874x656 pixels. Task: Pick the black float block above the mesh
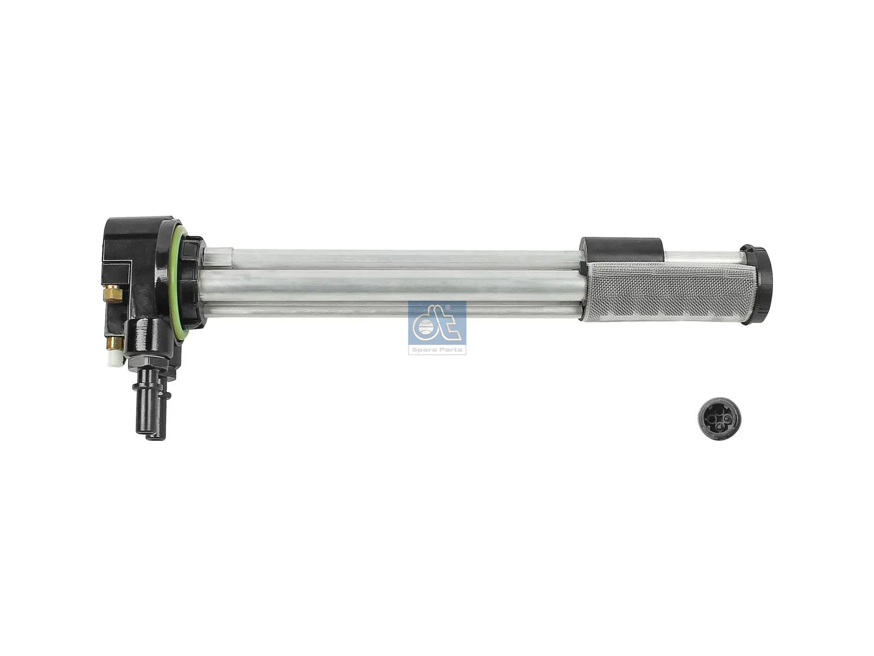coord(622,249)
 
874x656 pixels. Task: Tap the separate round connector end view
coord(719,419)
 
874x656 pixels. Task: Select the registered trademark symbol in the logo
coord(448,308)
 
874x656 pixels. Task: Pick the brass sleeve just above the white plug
coord(115,343)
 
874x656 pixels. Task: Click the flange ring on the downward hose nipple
coord(150,389)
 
